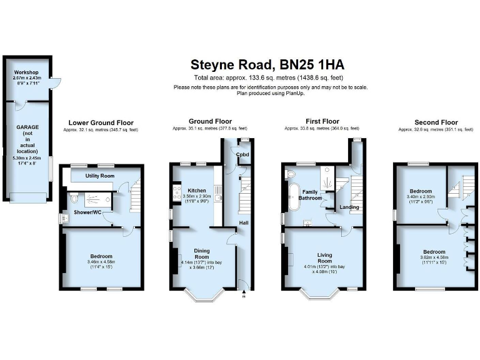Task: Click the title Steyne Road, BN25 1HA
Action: coord(267,64)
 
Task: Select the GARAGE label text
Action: coord(27,127)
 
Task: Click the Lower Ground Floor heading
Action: coord(101,122)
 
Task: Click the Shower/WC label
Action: coord(89,213)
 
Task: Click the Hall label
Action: coord(244,222)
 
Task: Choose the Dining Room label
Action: coord(201,253)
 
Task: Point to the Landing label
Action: coord(348,207)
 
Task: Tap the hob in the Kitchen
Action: coord(172,194)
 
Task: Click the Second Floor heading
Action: coord(436,122)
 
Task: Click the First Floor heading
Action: coord(322,122)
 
